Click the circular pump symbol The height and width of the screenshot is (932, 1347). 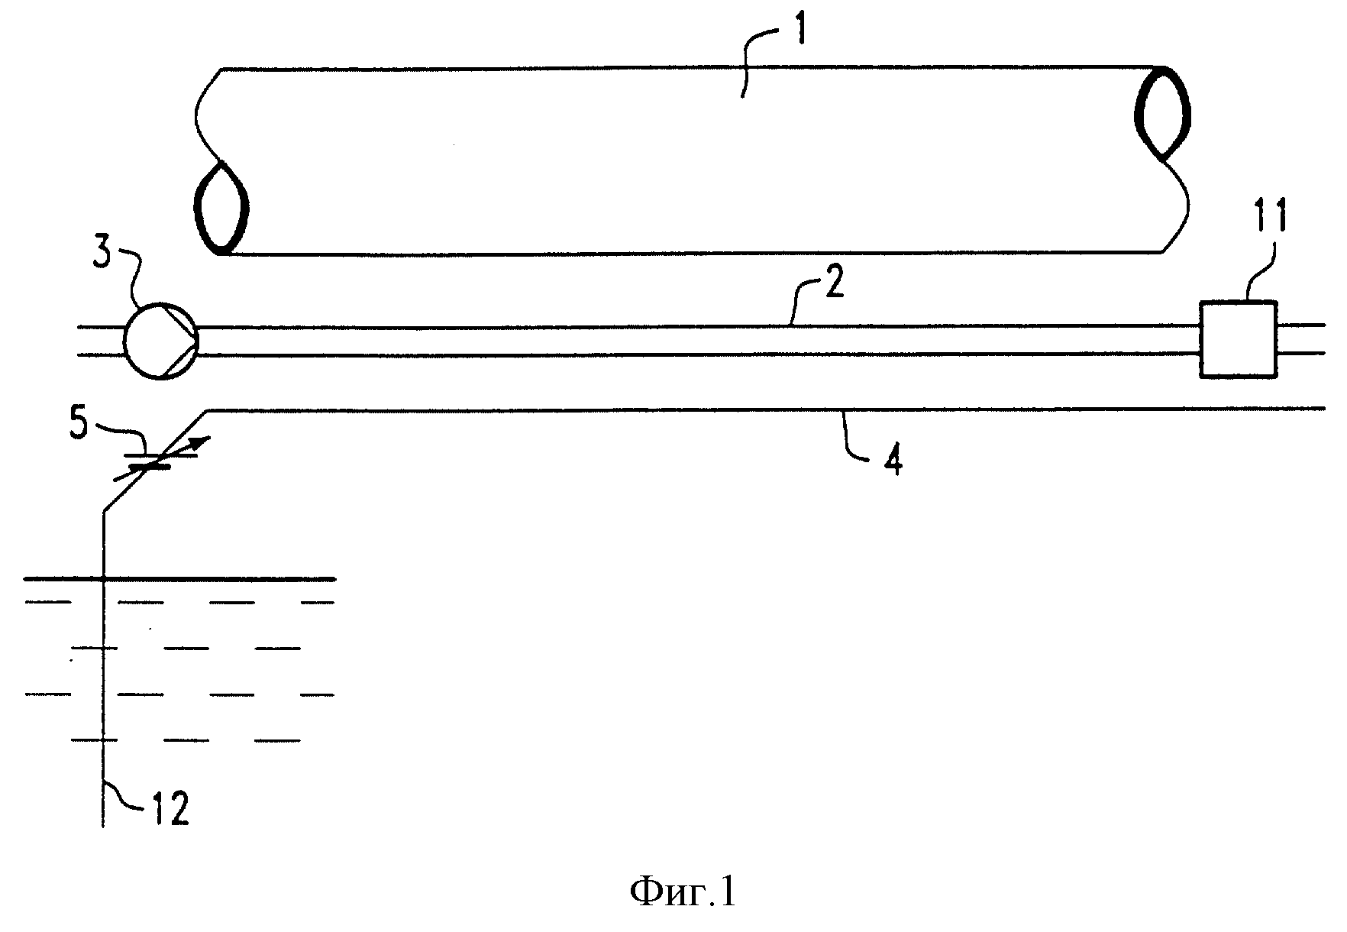[x=160, y=341]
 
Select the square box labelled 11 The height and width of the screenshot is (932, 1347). [x=1238, y=339]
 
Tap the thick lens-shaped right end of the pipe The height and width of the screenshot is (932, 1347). [x=1163, y=114]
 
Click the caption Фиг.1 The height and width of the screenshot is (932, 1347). [x=683, y=892]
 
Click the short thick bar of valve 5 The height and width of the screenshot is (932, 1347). [x=147, y=467]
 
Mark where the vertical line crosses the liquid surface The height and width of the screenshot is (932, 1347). [x=103, y=578]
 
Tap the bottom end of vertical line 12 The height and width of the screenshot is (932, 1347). [x=103, y=826]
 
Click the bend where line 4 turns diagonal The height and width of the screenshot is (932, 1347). [x=208, y=411]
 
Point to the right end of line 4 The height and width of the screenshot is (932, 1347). [x=1323, y=409]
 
